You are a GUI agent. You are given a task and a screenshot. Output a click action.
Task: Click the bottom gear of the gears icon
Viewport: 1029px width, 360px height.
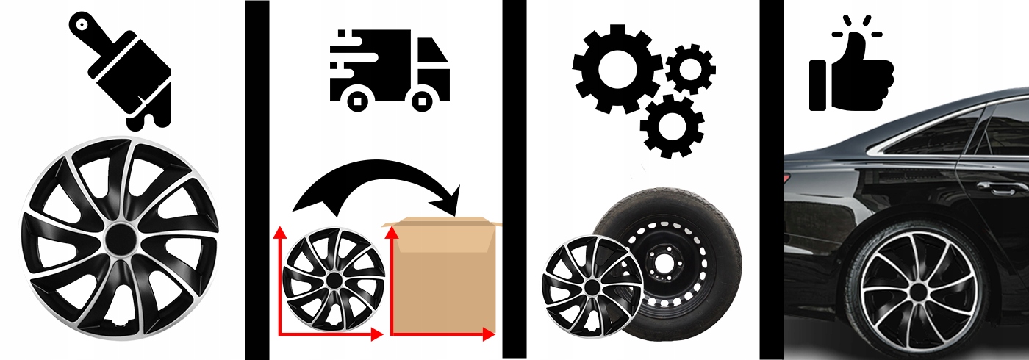click(671, 125)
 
